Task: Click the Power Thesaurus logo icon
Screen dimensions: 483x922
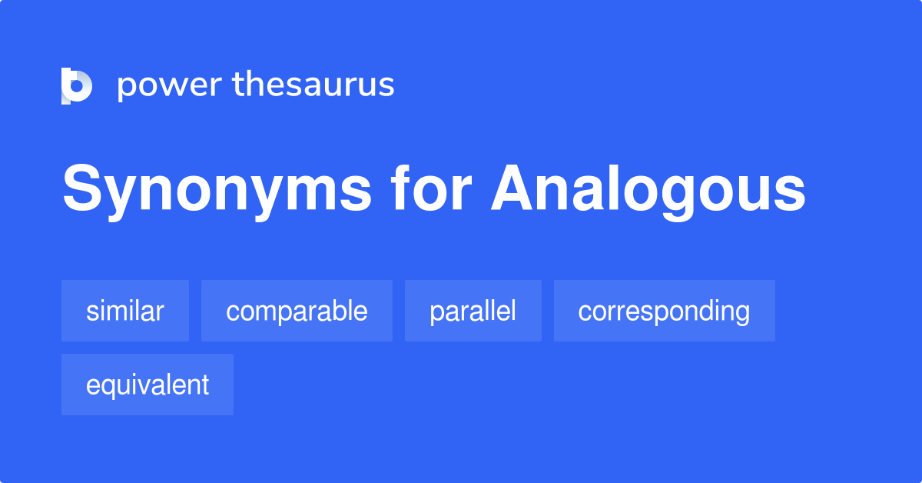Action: point(77,85)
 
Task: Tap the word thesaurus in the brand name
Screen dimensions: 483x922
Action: point(313,85)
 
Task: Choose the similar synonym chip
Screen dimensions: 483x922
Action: point(125,311)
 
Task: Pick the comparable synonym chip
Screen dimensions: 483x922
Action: point(297,311)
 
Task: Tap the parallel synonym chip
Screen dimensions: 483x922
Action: point(473,311)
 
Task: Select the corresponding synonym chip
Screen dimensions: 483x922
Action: point(664,311)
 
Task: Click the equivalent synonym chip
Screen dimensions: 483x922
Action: point(148,385)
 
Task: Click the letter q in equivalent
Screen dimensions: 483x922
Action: point(107,388)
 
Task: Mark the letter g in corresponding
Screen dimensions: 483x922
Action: point(741,315)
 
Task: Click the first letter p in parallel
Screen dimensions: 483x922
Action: point(436,314)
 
